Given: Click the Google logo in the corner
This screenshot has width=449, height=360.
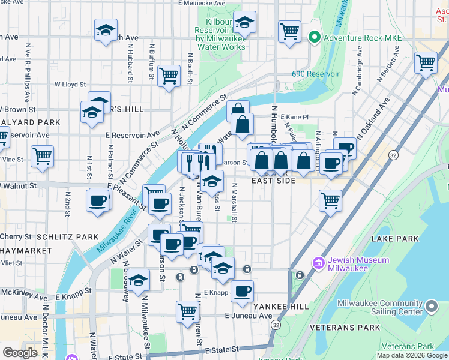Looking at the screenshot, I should tap(20, 352).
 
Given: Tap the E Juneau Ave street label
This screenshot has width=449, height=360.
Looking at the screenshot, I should tap(249, 316).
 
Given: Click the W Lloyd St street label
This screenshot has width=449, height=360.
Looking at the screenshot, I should tap(70, 85).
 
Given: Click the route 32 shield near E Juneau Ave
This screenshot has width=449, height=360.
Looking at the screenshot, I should tap(276, 325).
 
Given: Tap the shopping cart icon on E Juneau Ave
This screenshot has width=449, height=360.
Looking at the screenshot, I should tap(188, 311).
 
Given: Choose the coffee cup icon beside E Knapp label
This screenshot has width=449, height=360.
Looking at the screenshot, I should tap(242, 291).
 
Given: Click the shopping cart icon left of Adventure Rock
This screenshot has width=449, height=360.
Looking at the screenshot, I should tap(289, 31).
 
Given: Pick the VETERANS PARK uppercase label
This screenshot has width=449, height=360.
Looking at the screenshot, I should tap(345, 328).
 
